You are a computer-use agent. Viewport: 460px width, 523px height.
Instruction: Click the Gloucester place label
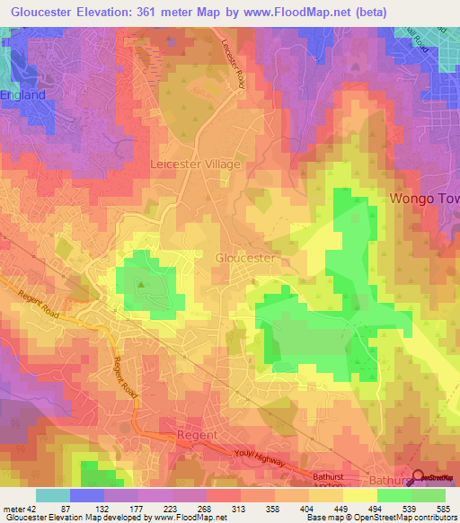point(245,258)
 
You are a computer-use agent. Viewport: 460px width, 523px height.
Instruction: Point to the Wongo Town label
point(423,198)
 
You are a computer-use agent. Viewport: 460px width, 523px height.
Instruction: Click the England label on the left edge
point(22,93)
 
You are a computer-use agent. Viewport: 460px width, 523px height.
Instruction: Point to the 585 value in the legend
point(443,508)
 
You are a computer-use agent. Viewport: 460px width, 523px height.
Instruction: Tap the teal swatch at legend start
point(52,495)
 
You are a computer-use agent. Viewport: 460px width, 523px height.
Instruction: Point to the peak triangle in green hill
point(140,285)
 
